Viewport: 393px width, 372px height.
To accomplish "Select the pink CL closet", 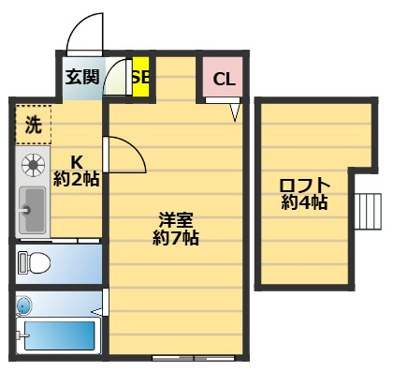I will coord(224,79).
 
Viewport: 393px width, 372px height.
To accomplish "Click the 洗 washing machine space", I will coord(33,122).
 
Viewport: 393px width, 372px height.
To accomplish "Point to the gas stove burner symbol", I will coord(34,166).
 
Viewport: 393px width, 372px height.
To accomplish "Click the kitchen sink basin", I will coord(33,211).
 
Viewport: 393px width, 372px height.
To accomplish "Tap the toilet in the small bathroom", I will coord(34,263).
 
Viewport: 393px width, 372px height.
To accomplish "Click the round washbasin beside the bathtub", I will coord(23,305).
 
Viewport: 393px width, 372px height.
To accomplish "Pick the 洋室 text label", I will coord(175,221).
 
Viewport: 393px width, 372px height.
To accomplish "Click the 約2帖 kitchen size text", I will coord(77,178).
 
